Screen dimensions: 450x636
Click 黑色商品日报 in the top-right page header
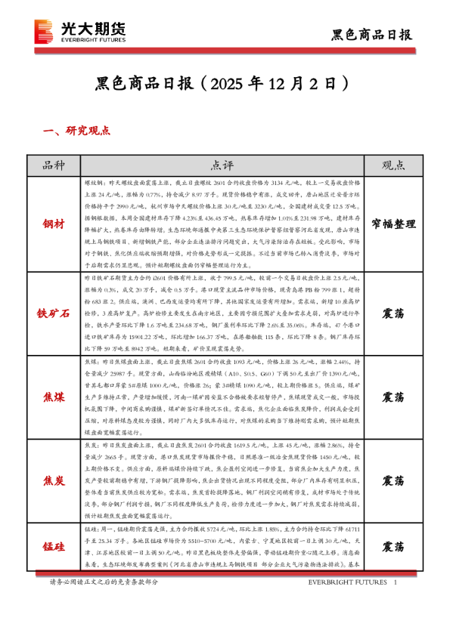372,35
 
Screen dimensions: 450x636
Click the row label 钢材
54,224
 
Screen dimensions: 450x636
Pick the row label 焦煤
54,397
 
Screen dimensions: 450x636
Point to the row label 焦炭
54,480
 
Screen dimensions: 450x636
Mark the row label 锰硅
54,545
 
